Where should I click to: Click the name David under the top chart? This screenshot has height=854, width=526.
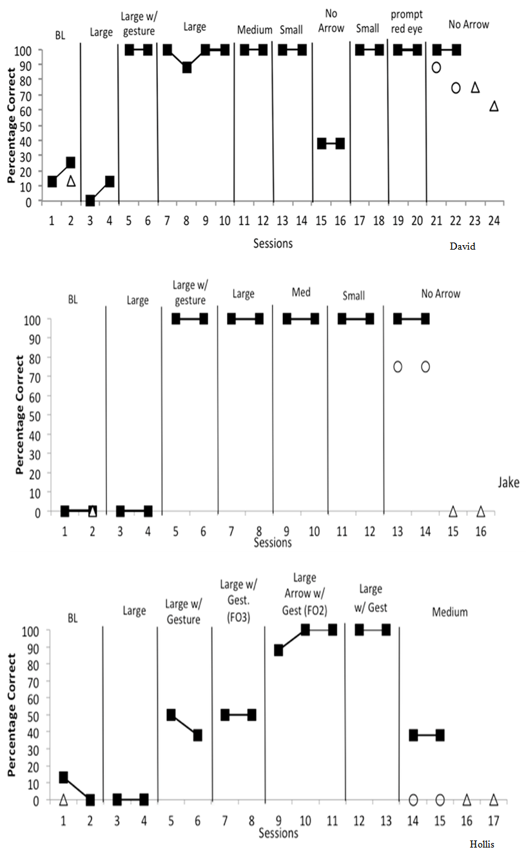pos(463,246)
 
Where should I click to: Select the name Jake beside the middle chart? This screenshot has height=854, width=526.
pos(509,482)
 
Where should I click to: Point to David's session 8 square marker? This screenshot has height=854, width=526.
pos(186,68)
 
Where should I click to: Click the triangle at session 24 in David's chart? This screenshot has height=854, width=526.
pos(494,106)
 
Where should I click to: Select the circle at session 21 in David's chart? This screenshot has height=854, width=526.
pos(436,67)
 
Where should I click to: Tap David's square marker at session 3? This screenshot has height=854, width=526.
pos(90,201)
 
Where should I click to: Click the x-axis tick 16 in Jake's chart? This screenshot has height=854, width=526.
pos(480,530)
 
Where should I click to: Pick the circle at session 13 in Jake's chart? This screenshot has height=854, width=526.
pos(398,366)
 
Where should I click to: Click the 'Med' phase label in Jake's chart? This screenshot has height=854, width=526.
pos(300,292)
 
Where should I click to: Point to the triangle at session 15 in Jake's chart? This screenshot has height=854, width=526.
pos(453,511)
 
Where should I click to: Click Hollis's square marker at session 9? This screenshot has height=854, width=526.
pos(278,650)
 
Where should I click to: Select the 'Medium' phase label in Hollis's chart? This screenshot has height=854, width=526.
pos(450,611)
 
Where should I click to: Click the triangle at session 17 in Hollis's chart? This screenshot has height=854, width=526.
pos(494,800)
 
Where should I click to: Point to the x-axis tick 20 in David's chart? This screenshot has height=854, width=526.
pos(417,220)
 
